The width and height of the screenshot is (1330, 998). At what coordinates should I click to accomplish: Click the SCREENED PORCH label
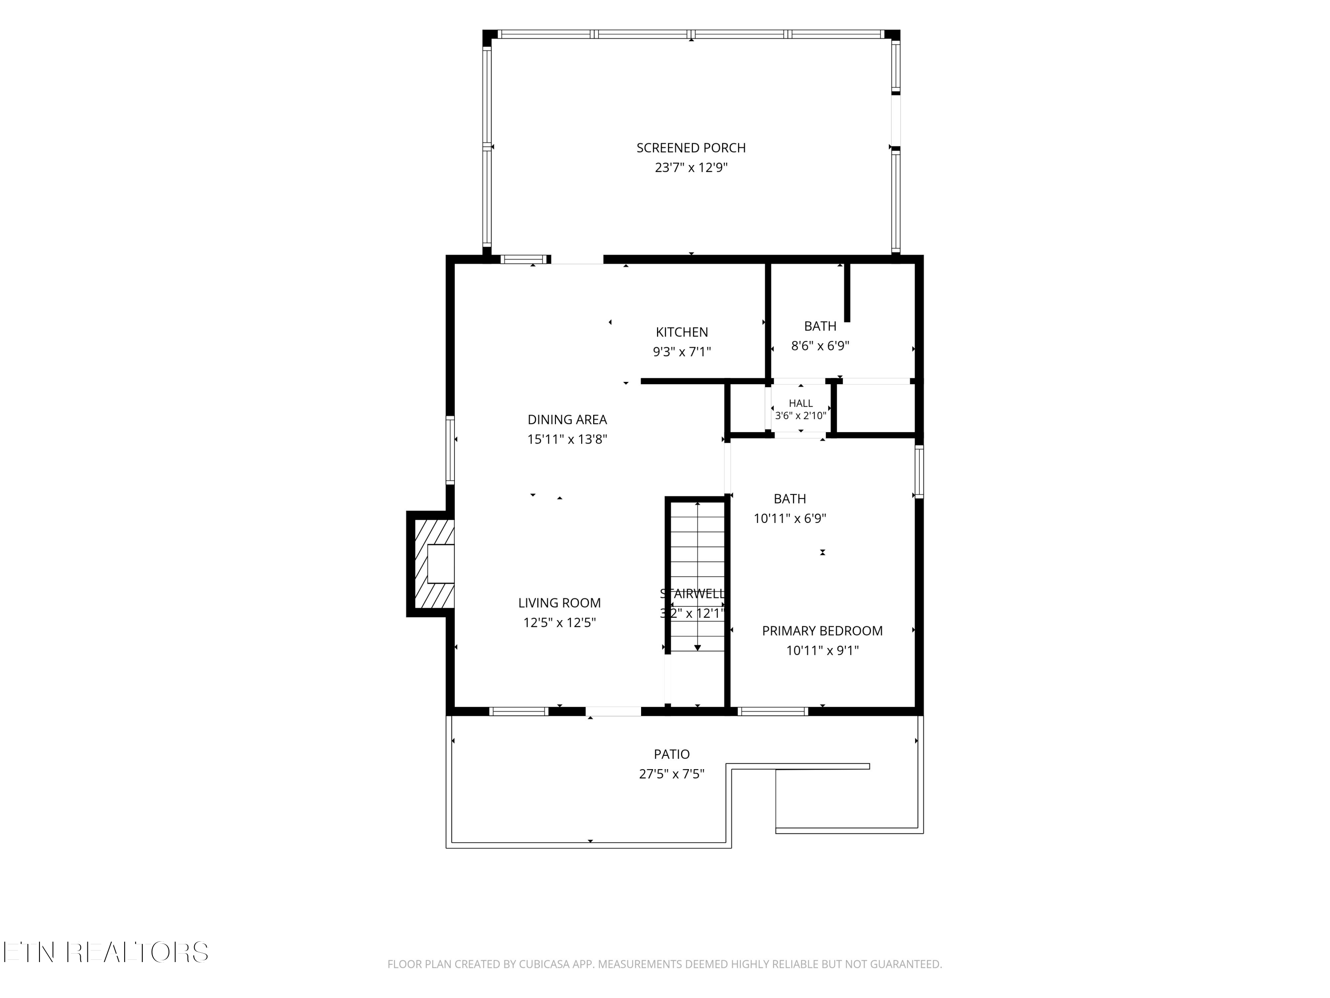pos(691,148)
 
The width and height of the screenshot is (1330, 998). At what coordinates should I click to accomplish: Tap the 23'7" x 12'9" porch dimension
pos(691,167)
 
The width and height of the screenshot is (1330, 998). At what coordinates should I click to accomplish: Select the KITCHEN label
pos(682,332)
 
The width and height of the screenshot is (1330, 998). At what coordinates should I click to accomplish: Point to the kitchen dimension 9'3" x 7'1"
pos(682,352)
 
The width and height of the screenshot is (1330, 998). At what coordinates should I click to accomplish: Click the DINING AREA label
pos(567,420)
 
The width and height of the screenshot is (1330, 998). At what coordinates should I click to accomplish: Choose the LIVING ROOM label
pos(559,603)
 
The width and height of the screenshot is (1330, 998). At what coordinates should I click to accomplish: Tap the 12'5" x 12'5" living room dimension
pos(559,623)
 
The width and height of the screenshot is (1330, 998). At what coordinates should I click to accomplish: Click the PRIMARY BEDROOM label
pos(822,631)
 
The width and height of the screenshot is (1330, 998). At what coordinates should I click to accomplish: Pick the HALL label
pos(800,404)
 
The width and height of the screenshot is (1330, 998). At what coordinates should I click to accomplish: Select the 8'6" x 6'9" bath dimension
pos(820,346)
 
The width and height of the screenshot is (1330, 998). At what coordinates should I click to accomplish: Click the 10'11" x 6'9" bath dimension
pos(790,519)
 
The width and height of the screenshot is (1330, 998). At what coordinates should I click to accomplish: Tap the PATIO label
pos(672,754)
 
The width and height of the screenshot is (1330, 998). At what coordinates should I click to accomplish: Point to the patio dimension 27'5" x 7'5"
pos(672,774)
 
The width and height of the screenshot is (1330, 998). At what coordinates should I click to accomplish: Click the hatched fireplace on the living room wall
pos(430,564)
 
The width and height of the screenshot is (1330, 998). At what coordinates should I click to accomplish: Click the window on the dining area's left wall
pos(450,449)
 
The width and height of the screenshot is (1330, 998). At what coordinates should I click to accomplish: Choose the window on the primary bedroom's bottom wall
pos(773,711)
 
